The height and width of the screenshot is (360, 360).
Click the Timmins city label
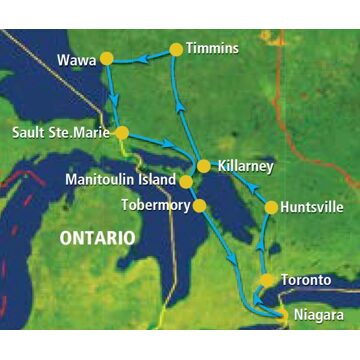[217, 47]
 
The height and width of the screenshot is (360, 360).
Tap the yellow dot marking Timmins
[177, 48]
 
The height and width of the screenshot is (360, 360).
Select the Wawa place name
[77, 60]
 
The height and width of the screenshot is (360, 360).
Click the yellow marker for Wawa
[107, 58]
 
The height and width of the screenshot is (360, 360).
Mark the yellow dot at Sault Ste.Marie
[122, 132]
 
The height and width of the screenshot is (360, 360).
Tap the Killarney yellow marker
[203, 165]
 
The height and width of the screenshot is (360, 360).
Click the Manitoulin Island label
[118, 182]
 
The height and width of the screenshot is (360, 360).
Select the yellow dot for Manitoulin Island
[186, 181]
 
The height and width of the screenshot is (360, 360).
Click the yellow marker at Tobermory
[198, 204]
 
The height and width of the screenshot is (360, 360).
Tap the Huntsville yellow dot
[270, 208]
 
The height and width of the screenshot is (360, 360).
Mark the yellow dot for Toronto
[267, 280]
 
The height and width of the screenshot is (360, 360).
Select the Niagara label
[319, 316]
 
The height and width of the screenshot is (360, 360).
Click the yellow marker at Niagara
[282, 316]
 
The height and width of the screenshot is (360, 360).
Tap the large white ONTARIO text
[96, 240]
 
